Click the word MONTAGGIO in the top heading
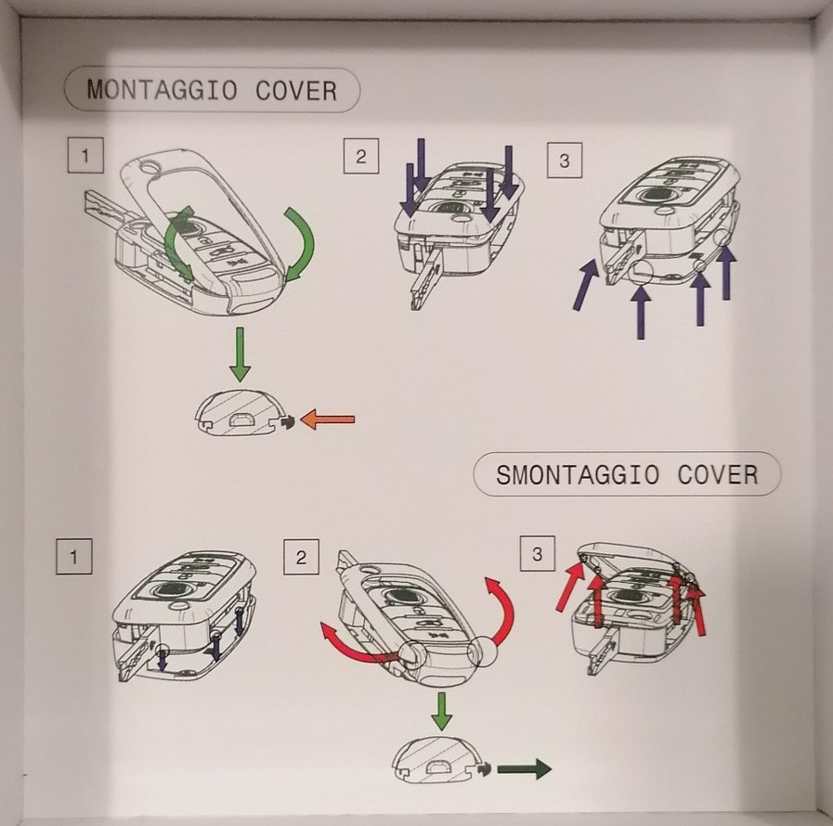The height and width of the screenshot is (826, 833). coord(162,90)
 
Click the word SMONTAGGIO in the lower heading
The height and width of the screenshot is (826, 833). coord(578,474)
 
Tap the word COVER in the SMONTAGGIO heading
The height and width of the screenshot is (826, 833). coord(718,474)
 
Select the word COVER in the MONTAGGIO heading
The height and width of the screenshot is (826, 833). coord(296,90)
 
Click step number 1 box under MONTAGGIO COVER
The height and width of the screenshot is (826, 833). coord(85,155)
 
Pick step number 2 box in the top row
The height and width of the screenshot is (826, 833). coord(361,156)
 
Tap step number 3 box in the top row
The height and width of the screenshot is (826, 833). coord(565,160)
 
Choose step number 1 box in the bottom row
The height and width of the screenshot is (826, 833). coord(74,556)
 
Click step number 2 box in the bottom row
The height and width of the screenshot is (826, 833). coord(301,557)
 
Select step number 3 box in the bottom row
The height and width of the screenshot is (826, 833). coord(537,554)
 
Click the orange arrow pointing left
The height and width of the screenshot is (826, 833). coord(328,419)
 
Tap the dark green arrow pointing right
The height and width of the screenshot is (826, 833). coord(525,768)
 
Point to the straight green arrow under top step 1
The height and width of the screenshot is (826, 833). coord(241,355)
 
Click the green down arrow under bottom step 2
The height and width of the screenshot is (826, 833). coord(441,711)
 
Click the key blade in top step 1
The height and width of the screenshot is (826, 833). coord(105,208)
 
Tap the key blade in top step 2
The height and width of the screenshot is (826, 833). coord(426,278)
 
